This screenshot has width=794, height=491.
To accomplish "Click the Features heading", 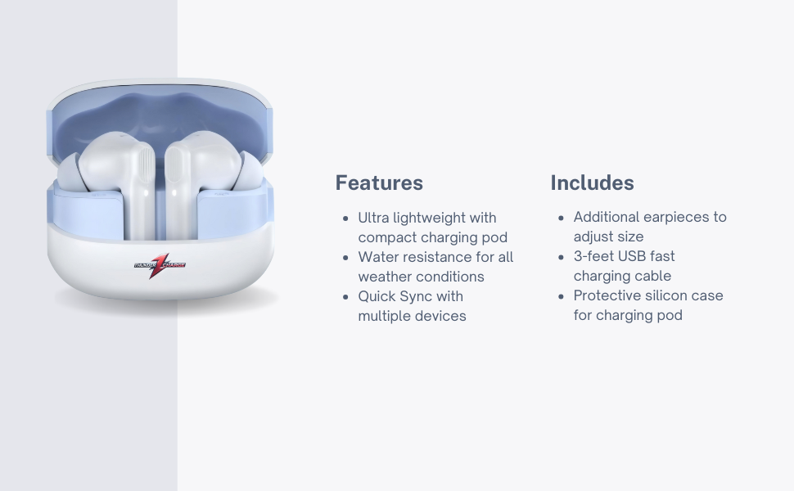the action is pyautogui.click(x=379, y=182).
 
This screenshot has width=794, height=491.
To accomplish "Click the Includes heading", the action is pyautogui.click(x=592, y=182).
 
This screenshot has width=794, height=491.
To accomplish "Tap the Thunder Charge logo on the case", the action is pyautogui.click(x=160, y=265).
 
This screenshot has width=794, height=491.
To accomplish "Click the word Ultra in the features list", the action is pyautogui.click(x=373, y=218).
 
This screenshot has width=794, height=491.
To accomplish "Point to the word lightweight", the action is pyautogui.click(x=429, y=218).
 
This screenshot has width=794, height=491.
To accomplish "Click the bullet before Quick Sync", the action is pyautogui.click(x=346, y=297).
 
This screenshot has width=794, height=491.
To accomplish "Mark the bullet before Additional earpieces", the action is pyautogui.click(x=561, y=218).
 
